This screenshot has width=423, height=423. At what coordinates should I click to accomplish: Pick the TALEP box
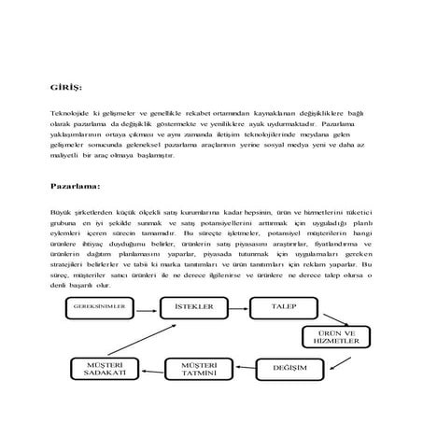point(284,305)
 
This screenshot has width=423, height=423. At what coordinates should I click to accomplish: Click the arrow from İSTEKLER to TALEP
point(238,305)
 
